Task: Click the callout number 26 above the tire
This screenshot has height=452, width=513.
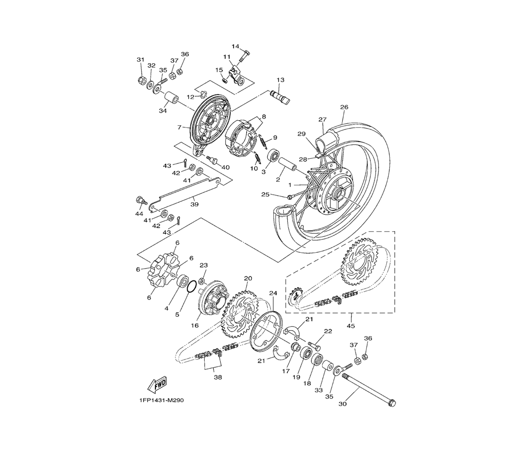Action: (x=344, y=107)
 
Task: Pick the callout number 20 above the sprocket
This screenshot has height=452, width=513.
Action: (x=248, y=278)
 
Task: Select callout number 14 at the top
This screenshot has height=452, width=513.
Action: (x=235, y=46)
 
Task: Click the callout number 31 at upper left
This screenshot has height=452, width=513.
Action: (x=141, y=60)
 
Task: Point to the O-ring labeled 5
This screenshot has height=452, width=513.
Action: (x=190, y=287)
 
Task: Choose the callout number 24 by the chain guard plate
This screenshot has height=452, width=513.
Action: (x=273, y=293)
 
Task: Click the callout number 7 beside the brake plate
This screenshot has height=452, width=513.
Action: (x=180, y=127)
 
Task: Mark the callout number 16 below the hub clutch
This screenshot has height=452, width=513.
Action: (x=195, y=326)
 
